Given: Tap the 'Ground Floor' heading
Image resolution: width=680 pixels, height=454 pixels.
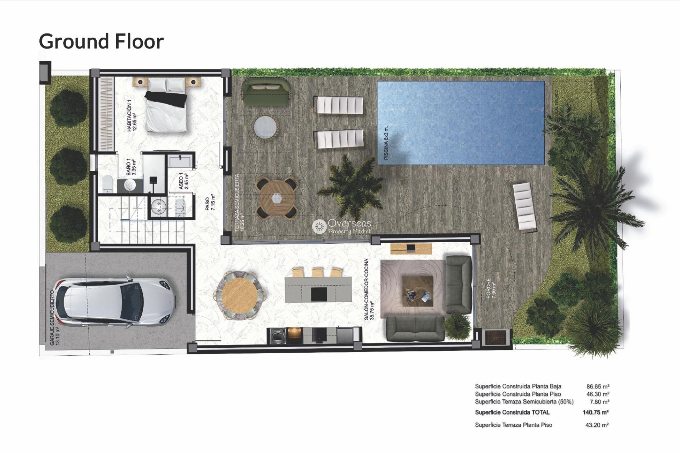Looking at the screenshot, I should [x=101, y=41].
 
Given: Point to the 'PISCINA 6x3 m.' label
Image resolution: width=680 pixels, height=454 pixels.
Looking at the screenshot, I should [x=386, y=143].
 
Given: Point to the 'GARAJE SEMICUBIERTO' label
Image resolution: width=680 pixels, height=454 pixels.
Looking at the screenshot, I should [x=52, y=318].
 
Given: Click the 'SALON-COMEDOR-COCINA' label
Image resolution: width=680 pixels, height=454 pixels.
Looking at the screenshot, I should [x=367, y=289].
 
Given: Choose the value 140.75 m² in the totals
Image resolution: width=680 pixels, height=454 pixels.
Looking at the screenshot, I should [x=595, y=412].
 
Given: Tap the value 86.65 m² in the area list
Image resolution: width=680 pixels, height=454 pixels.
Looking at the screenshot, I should [x=598, y=386].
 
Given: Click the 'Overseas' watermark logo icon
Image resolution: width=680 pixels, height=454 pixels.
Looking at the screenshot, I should [x=319, y=226].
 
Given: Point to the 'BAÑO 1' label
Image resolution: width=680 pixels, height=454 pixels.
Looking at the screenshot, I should [x=129, y=167].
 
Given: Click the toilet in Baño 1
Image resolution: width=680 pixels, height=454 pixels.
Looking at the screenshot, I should [x=107, y=183].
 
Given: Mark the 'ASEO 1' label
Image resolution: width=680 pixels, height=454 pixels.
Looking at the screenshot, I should [x=181, y=181].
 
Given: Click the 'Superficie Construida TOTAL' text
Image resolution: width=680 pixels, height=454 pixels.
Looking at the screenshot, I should [x=512, y=412].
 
